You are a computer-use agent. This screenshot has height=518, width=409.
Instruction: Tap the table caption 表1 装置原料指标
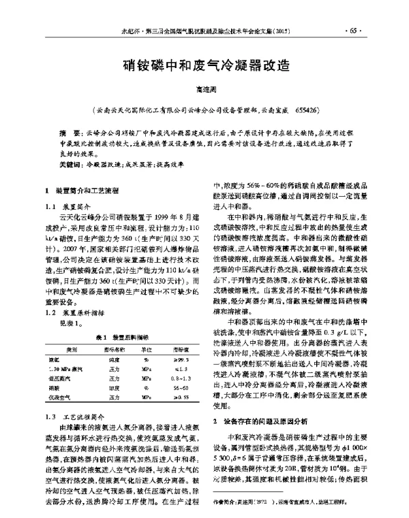point(119,319)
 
